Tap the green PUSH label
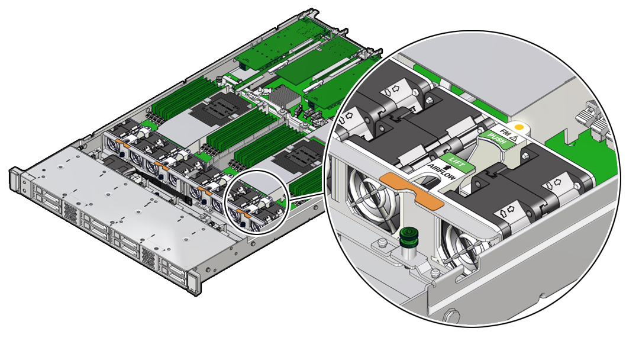[x=497, y=139]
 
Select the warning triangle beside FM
[x=514, y=138]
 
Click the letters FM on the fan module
[x=505, y=133]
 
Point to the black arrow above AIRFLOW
[x=450, y=168]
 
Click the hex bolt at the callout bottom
[x=453, y=316]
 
